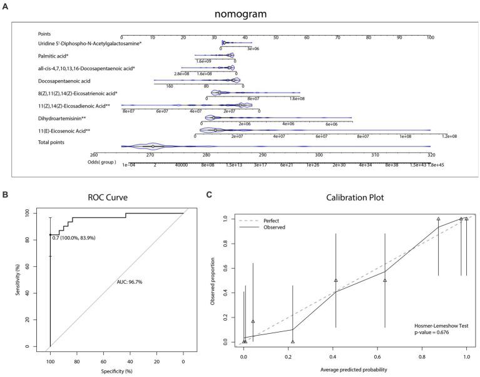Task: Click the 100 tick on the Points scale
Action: click(430, 38)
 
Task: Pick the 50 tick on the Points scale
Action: click(276, 38)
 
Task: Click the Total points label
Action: click(54, 143)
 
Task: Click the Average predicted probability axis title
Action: click(355, 369)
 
